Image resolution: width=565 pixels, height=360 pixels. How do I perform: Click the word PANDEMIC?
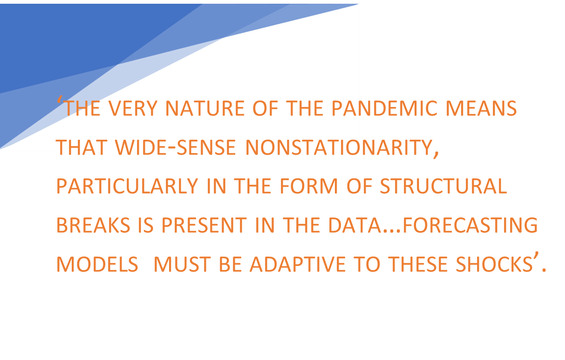click(384, 108)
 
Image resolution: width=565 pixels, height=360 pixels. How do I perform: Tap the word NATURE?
click(205, 108)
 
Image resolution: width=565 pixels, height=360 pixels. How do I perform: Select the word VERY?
click(133, 108)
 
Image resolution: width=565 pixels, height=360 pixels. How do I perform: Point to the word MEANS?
click(481, 108)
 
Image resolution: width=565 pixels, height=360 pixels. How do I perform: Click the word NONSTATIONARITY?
click(339, 147)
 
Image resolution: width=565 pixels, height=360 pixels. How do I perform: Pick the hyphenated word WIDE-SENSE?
click(176, 147)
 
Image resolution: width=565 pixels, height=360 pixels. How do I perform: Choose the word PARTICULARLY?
click(127, 186)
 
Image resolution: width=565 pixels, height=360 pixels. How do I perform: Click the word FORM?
click(308, 186)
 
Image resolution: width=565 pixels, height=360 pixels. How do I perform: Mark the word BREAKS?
click(93, 225)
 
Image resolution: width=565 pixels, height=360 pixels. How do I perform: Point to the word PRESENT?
click(204, 225)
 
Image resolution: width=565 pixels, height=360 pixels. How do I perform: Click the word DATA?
click(355, 225)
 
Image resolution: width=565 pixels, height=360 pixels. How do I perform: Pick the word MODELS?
click(97, 264)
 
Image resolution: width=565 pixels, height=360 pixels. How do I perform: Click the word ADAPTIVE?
click(298, 264)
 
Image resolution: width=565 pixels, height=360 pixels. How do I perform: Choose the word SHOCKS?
click(494, 264)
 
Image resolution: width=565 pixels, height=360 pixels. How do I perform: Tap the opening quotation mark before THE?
click(60, 100)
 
